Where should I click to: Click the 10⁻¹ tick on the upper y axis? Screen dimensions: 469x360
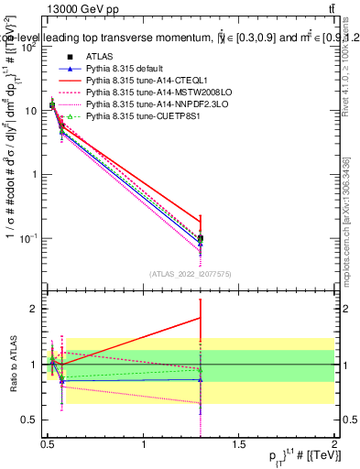(x=27, y=238)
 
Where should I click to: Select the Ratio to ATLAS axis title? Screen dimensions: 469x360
(x=11, y=365)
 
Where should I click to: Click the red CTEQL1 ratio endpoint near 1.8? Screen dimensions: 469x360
(x=201, y=318)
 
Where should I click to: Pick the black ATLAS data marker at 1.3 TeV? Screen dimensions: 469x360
(x=201, y=238)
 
